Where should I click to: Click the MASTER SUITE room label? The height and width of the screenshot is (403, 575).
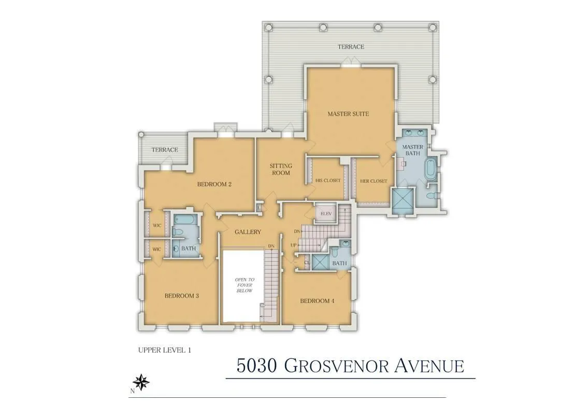point(348,114)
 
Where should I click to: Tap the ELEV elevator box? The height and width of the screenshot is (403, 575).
point(326,213)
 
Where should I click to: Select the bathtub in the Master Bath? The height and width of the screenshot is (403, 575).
point(430,171)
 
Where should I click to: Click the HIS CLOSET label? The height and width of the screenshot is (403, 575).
point(328,181)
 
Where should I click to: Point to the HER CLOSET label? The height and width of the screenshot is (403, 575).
point(373,181)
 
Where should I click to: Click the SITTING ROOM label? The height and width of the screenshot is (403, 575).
point(281,169)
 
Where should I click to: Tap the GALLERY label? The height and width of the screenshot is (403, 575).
point(248,232)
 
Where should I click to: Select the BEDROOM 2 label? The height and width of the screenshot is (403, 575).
point(214,184)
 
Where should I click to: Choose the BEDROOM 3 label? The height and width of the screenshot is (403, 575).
point(182,296)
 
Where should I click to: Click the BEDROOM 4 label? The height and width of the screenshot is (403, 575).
point(317,301)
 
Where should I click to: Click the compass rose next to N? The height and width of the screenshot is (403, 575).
point(142,382)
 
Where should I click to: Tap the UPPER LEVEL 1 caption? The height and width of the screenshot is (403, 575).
point(165,350)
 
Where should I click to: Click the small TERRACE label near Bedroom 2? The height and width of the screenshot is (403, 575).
point(165,150)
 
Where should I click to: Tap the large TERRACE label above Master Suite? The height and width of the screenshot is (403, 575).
point(351,47)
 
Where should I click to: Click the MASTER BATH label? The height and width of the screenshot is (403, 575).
point(413,150)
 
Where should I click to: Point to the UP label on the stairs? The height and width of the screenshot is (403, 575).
point(294,244)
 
